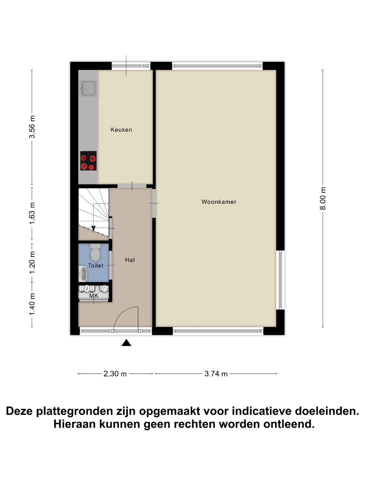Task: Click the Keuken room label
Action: coord(121,130)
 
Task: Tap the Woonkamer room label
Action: coord(219,202)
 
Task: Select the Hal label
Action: coord(130,260)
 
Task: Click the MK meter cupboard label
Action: coord(94,296)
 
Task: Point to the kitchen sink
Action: coord(88,88)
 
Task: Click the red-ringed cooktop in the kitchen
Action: coord(88,161)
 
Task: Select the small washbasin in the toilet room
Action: coord(82,273)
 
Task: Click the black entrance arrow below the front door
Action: coord(126,343)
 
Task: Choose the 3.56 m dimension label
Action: coord(32,127)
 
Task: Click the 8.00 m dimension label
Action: coord(323,198)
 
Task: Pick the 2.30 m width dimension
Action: coord(115,374)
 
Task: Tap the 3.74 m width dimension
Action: coord(216,374)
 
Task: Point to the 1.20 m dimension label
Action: coord(32,263)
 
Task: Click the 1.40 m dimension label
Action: coord(32,304)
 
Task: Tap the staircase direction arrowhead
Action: coord(94,228)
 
